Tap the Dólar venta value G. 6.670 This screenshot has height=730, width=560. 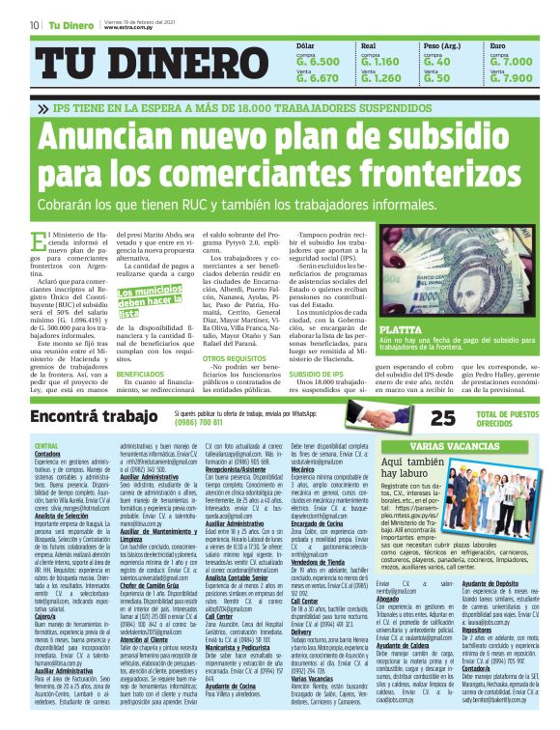[318, 78]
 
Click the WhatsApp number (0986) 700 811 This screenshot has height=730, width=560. [202, 422]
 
